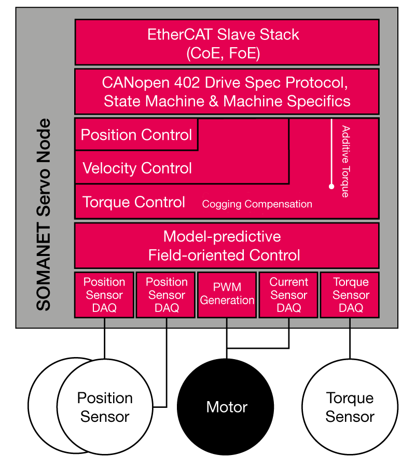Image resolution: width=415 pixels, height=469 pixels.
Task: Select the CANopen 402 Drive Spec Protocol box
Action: [x=227, y=91]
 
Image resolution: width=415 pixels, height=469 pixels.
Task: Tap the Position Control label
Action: [x=136, y=135]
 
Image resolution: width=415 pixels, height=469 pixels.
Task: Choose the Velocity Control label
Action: [x=137, y=168]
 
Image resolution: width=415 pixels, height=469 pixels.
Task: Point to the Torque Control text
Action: [x=134, y=202]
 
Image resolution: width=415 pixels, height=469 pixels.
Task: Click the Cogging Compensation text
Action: [x=257, y=204]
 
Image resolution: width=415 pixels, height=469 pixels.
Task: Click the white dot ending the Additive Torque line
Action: [x=331, y=186]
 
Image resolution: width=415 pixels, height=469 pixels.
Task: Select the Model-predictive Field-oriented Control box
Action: [x=227, y=246]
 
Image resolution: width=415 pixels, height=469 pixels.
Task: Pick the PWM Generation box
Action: [x=227, y=294]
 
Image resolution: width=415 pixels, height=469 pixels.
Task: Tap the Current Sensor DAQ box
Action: [x=288, y=294]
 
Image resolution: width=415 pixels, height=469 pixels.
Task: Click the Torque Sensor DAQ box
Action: [x=350, y=294]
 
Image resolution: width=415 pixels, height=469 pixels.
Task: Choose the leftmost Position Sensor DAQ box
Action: [x=104, y=294]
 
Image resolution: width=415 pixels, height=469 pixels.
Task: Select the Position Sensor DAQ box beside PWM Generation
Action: [x=166, y=294]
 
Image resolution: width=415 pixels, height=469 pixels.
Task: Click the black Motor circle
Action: [x=226, y=406]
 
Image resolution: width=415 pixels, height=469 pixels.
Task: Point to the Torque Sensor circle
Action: [x=350, y=406]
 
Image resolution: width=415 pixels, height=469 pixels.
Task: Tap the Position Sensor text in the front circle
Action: [x=105, y=407]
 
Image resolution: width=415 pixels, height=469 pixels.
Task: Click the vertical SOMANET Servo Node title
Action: [x=44, y=215]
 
